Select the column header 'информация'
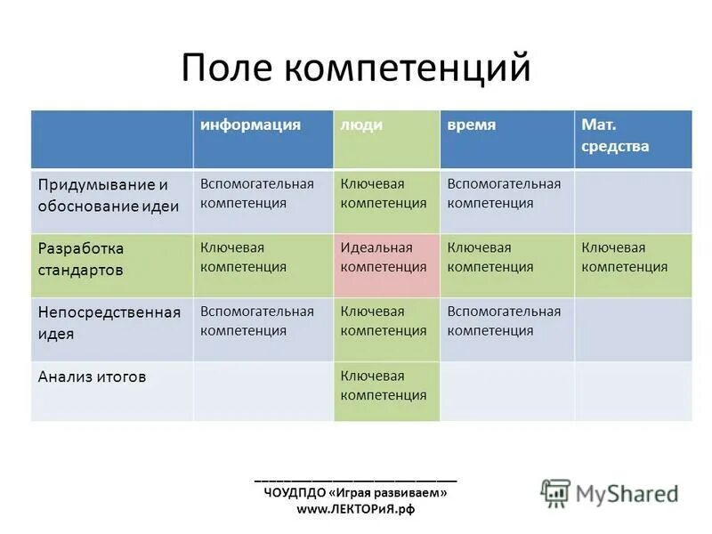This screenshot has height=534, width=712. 250,125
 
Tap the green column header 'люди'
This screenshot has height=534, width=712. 361,125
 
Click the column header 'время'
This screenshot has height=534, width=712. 472,125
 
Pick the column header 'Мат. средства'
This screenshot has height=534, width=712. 614,136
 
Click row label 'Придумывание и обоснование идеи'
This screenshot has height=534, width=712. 109,195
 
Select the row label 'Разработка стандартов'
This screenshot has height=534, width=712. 82,258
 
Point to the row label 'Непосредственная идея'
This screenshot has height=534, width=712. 109,322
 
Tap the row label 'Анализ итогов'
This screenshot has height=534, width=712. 92,376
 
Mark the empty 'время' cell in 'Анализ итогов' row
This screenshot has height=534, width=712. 506,390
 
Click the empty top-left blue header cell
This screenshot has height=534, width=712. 112,139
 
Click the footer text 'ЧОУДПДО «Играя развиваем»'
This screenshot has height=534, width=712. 355,492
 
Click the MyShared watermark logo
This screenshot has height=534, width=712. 610,492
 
